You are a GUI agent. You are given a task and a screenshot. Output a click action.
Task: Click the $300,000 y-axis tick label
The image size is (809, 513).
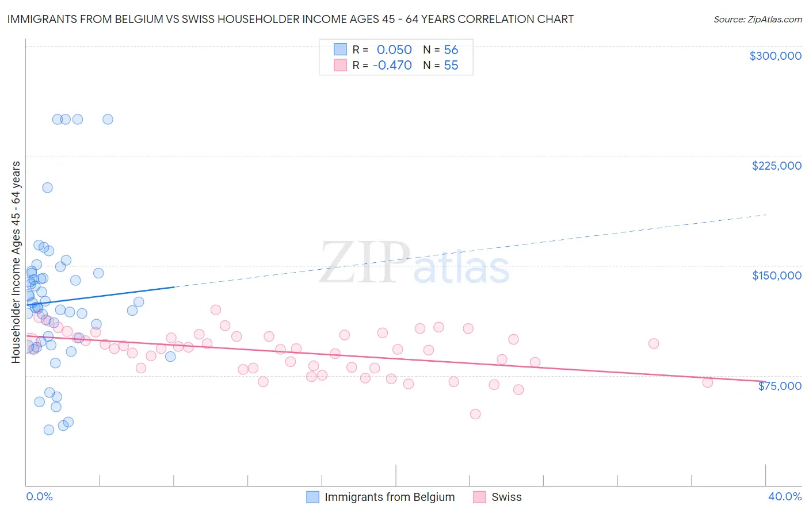tap(775, 56)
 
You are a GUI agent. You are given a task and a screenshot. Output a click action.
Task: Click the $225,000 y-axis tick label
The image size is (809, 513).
tap(776, 166)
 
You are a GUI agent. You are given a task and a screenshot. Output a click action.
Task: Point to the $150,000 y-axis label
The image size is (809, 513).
tap(776, 275)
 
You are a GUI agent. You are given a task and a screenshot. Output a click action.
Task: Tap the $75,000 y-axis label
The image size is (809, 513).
tap(780, 386)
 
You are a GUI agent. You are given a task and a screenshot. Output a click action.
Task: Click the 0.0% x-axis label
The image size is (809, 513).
tap(39, 497)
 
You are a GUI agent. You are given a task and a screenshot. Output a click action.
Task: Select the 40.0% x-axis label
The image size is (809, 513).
tap(784, 497)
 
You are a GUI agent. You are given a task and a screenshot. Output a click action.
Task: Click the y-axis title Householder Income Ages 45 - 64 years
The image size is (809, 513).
tap(16, 262)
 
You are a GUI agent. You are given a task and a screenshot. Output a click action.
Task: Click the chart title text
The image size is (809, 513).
tap(291, 19)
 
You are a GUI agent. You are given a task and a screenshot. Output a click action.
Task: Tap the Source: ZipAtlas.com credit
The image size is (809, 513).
tap(757, 19)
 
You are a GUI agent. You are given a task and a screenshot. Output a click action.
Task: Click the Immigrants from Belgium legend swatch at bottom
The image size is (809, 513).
tap(312, 497)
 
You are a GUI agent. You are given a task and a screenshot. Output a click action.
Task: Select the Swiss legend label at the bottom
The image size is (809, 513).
tap(506, 497)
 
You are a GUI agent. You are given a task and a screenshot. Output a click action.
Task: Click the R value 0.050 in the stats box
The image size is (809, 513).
tap(394, 49)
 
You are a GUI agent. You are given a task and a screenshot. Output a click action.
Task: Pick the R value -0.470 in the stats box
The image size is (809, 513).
tap(392, 65)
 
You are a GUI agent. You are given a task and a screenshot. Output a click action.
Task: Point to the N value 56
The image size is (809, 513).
tap(451, 49)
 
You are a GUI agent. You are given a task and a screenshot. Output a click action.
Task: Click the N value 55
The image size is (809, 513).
tap(451, 65)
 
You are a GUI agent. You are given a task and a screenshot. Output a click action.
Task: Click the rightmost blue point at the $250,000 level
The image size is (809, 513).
tap(108, 120)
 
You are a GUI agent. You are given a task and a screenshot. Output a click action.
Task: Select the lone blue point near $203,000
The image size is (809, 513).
tap(47, 187)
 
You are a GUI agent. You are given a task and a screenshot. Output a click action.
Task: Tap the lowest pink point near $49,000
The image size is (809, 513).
tap(475, 414)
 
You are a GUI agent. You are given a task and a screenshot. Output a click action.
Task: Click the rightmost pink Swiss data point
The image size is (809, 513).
tap(708, 382)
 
